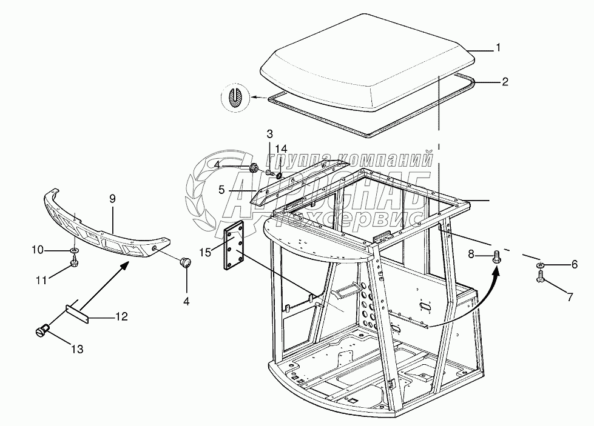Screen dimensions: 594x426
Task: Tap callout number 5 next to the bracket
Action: (x=223, y=190)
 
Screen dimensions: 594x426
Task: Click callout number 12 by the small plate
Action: (x=121, y=316)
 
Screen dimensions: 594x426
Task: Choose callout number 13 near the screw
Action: (x=77, y=349)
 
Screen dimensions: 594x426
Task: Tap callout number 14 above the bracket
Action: (x=280, y=148)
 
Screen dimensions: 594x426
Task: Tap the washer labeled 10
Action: (x=73, y=250)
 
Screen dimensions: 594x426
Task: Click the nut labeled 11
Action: (x=73, y=262)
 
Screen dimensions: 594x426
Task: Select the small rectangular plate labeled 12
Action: (x=77, y=310)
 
